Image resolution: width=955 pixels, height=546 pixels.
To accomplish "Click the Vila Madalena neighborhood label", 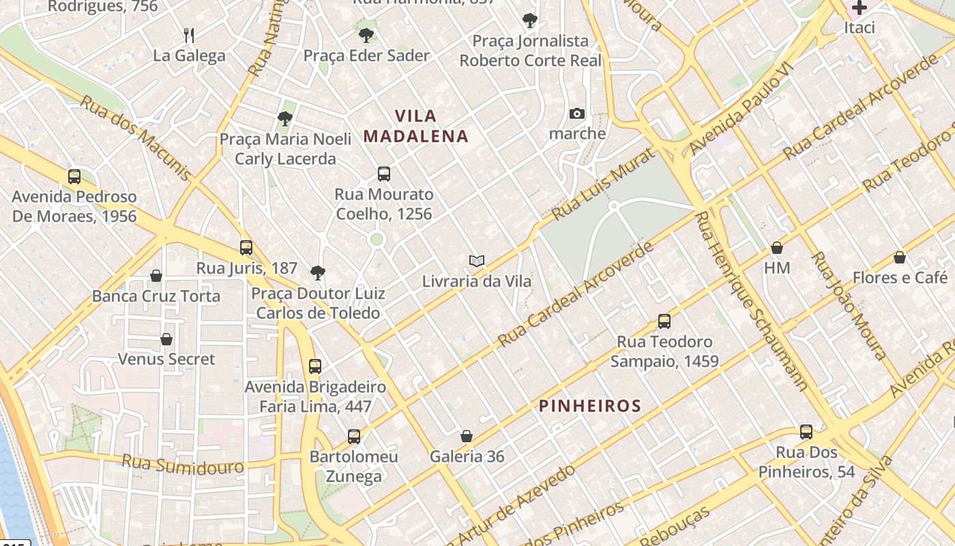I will point(415,126).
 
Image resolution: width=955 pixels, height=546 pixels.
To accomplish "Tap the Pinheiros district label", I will point(590,406).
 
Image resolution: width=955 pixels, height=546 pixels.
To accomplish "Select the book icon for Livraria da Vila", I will point(477,261).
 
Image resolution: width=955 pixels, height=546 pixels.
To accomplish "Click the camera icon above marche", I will point(577,113).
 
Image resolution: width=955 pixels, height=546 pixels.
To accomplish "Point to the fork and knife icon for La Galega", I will point(189,35).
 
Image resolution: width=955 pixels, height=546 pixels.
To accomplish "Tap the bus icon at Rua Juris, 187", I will point(246,247).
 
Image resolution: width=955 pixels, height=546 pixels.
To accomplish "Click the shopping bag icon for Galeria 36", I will point(467,436).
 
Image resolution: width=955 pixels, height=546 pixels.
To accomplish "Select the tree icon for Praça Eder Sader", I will point(366,35).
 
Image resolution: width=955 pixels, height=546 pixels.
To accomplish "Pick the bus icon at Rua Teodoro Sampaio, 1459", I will point(664,321).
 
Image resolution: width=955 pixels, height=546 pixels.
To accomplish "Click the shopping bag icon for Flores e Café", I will point(900,257).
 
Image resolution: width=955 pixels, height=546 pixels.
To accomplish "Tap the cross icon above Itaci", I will point(859,8).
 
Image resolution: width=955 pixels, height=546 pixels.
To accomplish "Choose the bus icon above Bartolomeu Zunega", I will point(353,436).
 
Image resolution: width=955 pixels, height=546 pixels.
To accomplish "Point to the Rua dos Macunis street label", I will point(136,138).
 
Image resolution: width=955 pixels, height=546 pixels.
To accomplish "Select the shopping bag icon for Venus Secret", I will point(166,339).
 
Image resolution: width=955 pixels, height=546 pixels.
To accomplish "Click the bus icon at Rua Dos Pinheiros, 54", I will point(806,431).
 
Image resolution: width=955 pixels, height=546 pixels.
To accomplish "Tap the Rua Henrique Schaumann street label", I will point(751,300).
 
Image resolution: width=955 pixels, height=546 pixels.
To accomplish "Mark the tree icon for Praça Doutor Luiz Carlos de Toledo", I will point(317,273).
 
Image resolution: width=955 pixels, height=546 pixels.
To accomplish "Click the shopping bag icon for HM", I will point(777,248).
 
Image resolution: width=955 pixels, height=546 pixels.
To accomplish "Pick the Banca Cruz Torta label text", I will point(156,296).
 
